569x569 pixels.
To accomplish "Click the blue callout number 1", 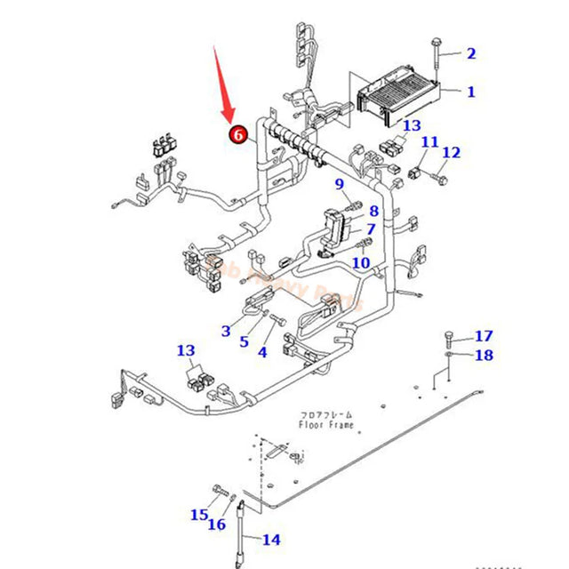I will click(x=470, y=92).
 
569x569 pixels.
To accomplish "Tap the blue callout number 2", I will click(x=470, y=53).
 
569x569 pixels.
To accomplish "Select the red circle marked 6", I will click(x=238, y=134).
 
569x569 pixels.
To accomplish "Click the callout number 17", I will click(x=483, y=336).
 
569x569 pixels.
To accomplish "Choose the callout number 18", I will click(x=483, y=356).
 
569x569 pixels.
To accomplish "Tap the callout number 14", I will click(x=270, y=539).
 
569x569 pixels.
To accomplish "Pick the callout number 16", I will click(x=217, y=525).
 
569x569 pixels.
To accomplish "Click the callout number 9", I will click(x=339, y=184).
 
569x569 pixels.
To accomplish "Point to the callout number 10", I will click(x=360, y=262).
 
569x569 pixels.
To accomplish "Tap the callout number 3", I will click(x=227, y=331).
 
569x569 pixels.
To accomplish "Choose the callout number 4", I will click(x=262, y=352).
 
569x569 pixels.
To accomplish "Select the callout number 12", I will click(x=452, y=153).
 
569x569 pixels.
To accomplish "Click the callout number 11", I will click(x=429, y=142).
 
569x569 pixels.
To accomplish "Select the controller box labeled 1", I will click(x=398, y=96).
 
